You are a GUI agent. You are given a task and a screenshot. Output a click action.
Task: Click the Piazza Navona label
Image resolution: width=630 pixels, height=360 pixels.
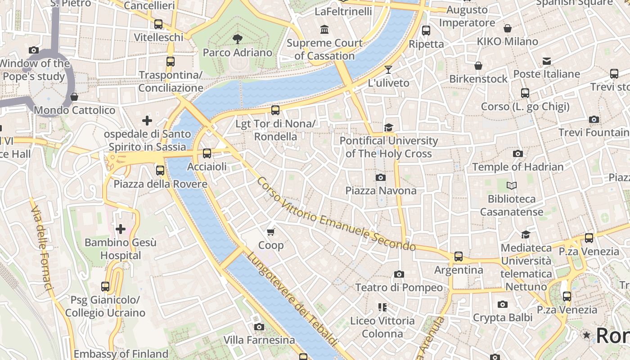[381, 191]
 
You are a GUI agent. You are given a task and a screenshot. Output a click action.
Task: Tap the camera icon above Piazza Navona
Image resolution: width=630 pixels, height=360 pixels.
[381, 177]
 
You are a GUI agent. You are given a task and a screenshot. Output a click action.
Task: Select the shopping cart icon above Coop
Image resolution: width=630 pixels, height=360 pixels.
[270, 232]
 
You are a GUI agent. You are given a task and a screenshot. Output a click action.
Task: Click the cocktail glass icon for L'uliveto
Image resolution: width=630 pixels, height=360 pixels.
[388, 70]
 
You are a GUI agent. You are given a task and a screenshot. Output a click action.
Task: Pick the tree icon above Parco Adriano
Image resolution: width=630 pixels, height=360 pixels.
[238, 39]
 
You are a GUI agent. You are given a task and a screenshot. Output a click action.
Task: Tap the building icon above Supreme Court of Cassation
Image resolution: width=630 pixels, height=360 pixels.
[324, 30]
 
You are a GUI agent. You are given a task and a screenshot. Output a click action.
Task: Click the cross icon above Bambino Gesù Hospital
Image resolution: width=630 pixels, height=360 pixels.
[121, 229]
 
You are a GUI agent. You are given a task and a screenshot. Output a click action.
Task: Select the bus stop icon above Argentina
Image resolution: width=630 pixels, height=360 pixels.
[458, 256]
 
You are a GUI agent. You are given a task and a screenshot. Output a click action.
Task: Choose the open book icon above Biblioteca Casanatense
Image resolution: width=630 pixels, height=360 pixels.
[512, 185]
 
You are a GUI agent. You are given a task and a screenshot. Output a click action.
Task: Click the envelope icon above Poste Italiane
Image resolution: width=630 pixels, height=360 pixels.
[546, 61]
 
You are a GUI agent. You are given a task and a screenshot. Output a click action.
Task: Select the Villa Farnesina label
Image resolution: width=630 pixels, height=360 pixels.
[259, 340]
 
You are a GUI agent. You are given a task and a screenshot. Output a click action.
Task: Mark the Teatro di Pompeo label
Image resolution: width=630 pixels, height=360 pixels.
[399, 288]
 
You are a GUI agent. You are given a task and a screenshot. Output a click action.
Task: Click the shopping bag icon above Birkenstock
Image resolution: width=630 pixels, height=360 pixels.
[478, 66]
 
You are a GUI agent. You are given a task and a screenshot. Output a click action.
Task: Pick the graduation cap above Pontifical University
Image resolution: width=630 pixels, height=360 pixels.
[388, 127]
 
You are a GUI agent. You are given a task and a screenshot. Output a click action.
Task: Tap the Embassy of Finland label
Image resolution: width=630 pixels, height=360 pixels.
[121, 354]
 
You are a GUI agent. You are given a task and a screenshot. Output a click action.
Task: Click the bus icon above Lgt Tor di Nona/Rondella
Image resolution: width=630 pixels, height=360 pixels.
[275, 110]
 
